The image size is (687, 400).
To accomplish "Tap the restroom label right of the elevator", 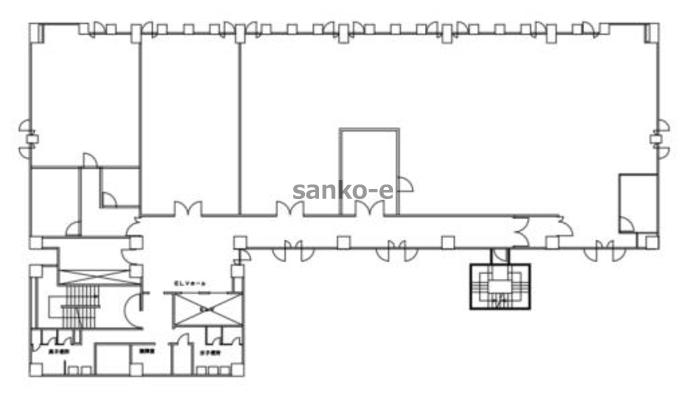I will (x=207, y=352).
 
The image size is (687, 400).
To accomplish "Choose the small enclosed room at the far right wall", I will (x=637, y=202).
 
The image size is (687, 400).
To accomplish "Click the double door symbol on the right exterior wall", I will (x=659, y=139).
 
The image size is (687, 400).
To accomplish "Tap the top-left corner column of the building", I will (x=36, y=31).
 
